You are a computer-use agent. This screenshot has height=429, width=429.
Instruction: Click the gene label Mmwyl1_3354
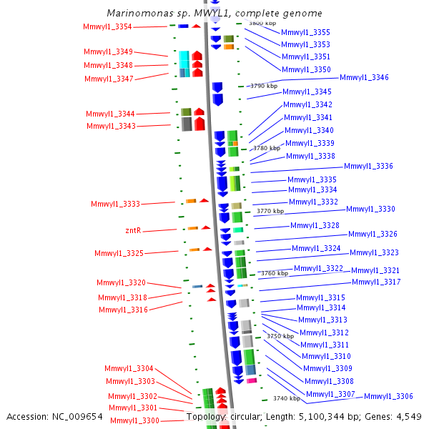coord(107,27)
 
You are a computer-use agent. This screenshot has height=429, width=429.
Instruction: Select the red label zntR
coord(133,230)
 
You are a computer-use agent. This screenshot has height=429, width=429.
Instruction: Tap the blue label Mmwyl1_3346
coord(364,77)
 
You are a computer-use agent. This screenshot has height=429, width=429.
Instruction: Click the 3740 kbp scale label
coord(285,398)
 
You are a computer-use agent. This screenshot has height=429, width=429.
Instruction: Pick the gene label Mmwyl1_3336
coord(368,166)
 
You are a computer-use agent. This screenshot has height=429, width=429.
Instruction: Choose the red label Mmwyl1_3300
coord(134,420)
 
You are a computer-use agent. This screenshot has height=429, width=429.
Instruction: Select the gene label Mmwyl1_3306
coord(388,396)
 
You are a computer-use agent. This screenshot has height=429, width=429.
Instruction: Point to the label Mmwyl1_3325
coord(119,253)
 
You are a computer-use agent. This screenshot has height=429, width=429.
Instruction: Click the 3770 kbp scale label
coord(270,211)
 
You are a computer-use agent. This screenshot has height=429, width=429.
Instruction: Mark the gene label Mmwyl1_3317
coord(376,282)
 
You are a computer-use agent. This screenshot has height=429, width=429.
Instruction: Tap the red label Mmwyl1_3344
coord(110,114)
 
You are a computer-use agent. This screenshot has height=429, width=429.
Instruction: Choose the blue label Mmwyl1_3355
coord(305,32)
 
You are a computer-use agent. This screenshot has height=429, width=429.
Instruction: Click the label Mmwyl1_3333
coord(115,204)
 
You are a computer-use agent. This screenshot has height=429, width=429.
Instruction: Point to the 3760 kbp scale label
coord(275,273)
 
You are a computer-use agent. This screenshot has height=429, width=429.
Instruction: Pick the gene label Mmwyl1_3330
coord(370,209)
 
